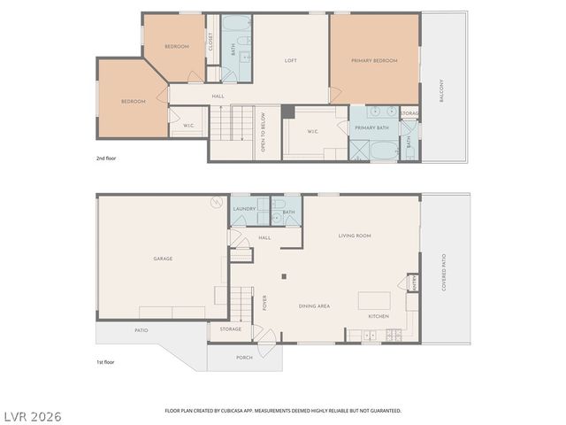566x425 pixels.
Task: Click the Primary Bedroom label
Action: click(373, 61)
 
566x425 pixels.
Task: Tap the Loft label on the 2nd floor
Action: click(290, 61)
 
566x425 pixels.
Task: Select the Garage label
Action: click(163, 259)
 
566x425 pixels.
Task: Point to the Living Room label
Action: click(355, 236)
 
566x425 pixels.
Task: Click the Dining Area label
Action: click(314, 305)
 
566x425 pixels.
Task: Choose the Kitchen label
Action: click(379, 316)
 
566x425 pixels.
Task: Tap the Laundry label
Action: click(244, 209)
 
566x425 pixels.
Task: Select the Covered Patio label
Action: click(444, 272)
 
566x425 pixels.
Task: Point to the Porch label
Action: click(244, 358)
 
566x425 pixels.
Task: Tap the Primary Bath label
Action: click(371, 128)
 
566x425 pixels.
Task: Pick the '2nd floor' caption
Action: click(106, 158)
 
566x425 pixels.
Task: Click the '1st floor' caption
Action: click(106, 362)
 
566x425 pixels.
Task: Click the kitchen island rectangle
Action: click(372, 299)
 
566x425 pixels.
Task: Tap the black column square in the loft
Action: click(287, 111)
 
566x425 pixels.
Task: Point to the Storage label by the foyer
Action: click(231, 329)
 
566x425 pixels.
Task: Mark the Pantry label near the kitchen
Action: click(414, 282)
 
